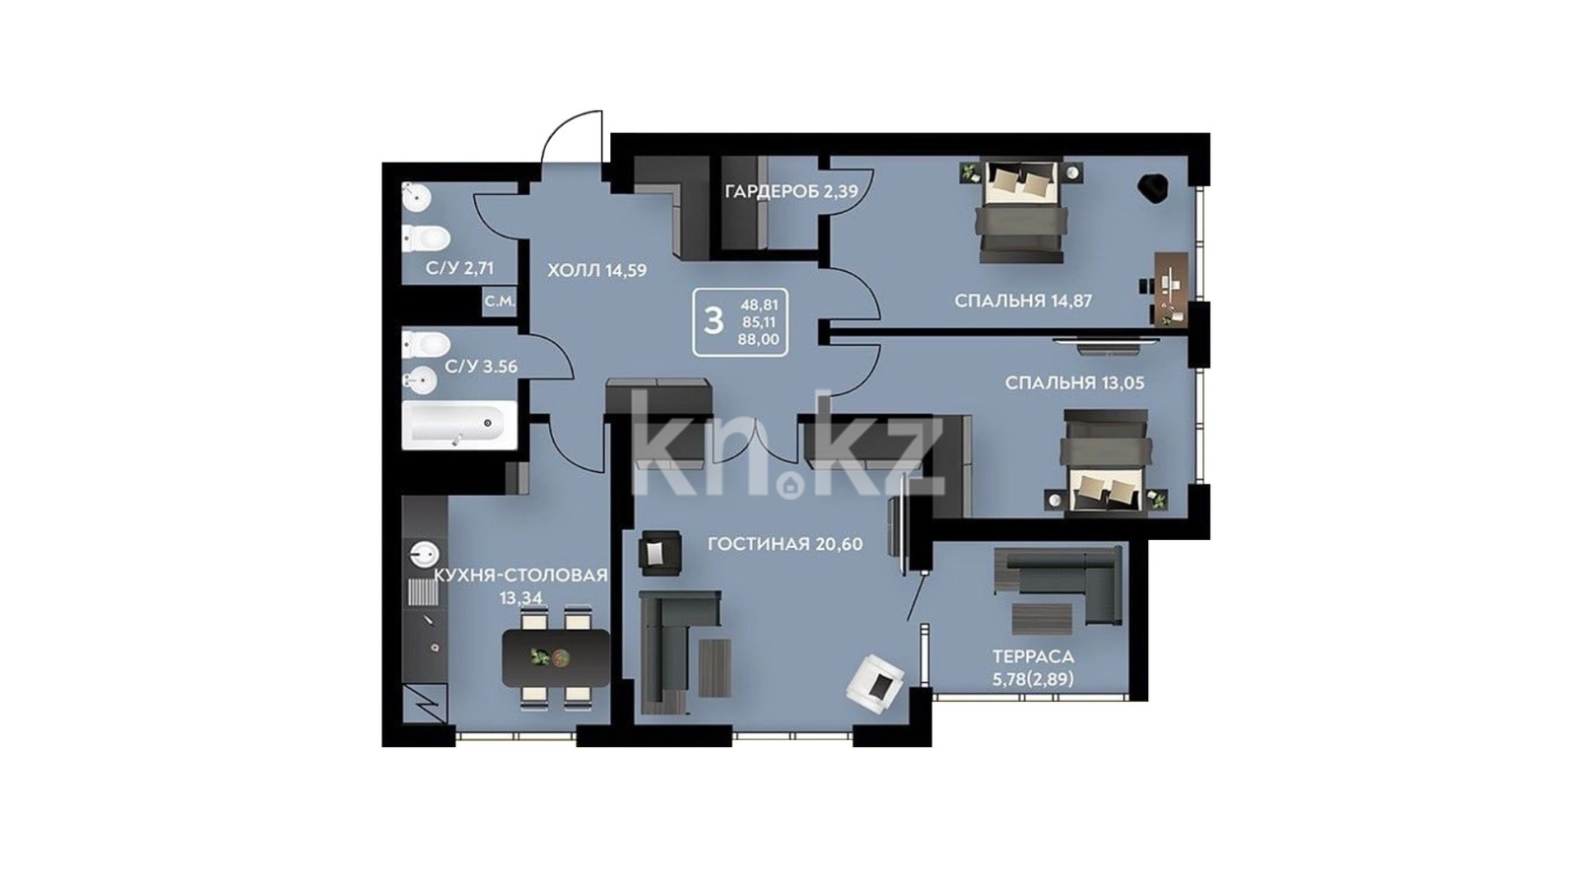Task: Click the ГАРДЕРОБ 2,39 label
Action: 791,191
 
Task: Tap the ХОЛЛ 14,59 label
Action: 597,270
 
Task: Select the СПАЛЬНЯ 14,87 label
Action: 1023,302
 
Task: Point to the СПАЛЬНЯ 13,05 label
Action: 1074,383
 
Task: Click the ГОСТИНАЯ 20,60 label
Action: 785,544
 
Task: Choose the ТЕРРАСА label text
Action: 1034,656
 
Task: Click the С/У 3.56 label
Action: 482,367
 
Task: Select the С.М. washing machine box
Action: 500,302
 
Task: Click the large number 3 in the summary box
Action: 714,321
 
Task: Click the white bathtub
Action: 459,425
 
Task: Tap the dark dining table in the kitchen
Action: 556,658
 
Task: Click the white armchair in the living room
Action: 876,684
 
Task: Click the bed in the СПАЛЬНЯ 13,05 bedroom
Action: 1106,462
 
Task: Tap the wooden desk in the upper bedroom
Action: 1172,289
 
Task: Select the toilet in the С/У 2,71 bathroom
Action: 426,238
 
